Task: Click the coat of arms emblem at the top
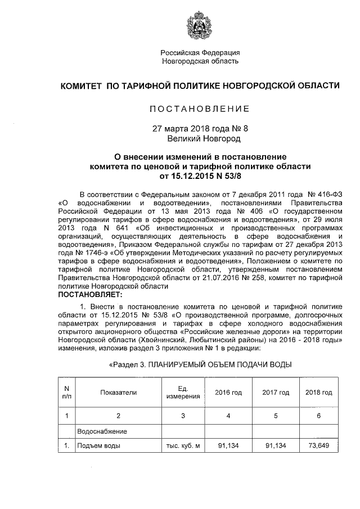point(200,25)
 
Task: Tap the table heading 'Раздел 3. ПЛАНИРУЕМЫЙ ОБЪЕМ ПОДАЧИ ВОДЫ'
point(200,365)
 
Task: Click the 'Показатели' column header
point(119,393)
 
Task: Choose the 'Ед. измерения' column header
point(182,393)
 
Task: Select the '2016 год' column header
point(228,393)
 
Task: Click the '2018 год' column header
point(318,393)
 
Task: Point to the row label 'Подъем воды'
point(99,446)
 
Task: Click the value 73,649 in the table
point(319,446)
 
